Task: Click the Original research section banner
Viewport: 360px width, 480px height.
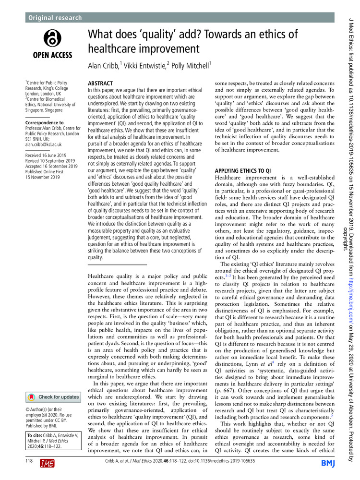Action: pos(54,18)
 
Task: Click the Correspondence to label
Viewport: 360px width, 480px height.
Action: pos(45,122)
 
